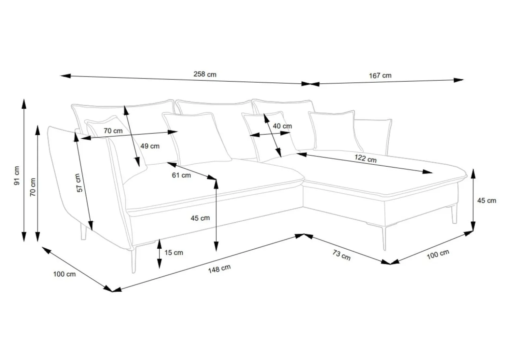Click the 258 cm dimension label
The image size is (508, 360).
205,74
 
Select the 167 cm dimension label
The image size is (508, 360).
380,76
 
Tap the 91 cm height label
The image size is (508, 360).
17,175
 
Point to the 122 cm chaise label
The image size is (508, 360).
365,159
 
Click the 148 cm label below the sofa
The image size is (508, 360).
219,269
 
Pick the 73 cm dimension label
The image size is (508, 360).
342,255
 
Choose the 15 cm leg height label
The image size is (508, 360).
174,253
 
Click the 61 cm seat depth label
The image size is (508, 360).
181,175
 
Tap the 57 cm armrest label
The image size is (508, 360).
78,183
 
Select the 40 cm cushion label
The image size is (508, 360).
282,126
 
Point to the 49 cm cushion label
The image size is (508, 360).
150,146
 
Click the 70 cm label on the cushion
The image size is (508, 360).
113,131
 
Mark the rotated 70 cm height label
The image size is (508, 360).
33,187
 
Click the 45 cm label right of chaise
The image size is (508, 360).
487,201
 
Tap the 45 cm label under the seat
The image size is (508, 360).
200,218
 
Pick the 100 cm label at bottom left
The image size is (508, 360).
64,274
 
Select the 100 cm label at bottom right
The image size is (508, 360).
438,254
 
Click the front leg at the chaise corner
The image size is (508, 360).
384,238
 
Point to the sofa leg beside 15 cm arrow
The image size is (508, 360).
134,259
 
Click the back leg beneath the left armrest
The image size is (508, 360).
83,231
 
